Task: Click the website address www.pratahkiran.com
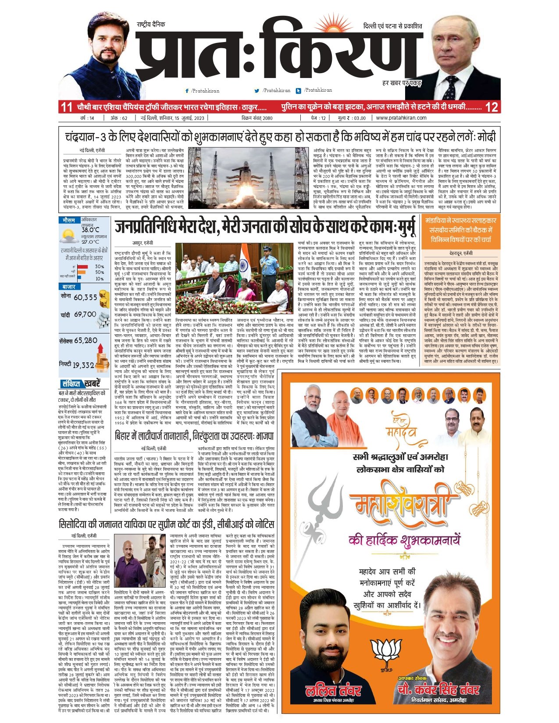(x=401, y=118)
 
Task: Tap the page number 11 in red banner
(x=66, y=107)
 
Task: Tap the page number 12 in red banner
(x=492, y=107)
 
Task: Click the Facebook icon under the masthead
(x=187, y=91)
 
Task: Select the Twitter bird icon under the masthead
(x=257, y=91)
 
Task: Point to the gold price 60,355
(x=85, y=297)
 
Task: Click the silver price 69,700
(x=85, y=315)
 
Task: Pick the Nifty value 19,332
(x=83, y=365)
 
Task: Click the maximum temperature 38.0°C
(x=90, y=230)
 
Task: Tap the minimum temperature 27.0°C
(x=90, y=241)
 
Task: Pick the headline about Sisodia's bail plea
(x=167, y=525)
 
